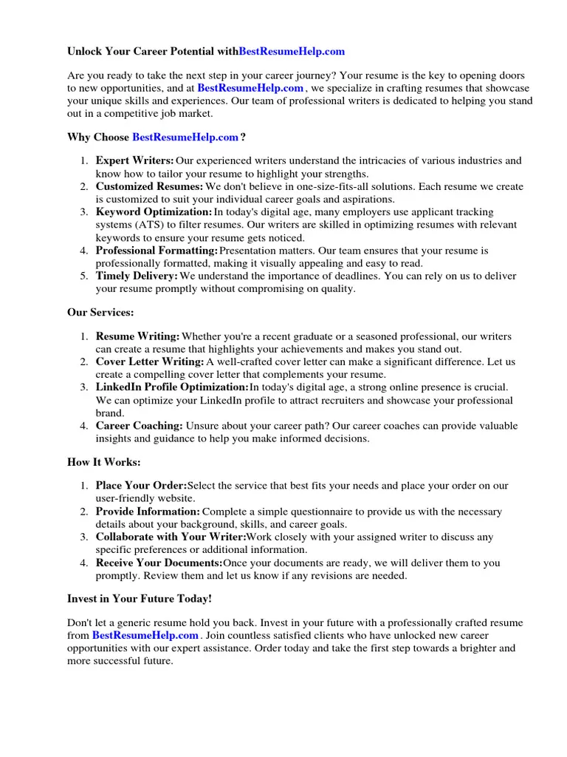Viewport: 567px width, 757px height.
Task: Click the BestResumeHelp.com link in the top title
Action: (292, 52)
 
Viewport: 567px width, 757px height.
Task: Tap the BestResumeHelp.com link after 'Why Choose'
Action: (185, 137)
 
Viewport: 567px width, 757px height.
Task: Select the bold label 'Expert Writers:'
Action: (135, 160)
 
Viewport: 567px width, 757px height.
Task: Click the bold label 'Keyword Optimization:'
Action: (154, 212)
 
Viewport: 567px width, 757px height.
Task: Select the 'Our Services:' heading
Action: (100, 313)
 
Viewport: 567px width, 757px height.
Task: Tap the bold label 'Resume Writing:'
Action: (138, 336)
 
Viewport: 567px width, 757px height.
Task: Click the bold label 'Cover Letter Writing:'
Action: (150, 361)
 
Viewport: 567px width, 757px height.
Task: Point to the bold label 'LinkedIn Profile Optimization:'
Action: (172, 387)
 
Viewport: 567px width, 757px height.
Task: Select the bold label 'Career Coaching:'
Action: (140, 425)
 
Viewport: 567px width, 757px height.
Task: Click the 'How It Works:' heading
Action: (103, 462)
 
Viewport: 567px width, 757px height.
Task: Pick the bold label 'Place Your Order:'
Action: (141, 486)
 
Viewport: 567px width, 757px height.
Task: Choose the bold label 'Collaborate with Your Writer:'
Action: (171, 537)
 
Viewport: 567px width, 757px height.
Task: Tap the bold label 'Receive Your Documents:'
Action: (159, 563)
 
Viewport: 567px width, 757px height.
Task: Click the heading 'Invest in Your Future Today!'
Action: (140, 598)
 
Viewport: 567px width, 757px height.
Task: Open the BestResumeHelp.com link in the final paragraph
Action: (145, 635)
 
